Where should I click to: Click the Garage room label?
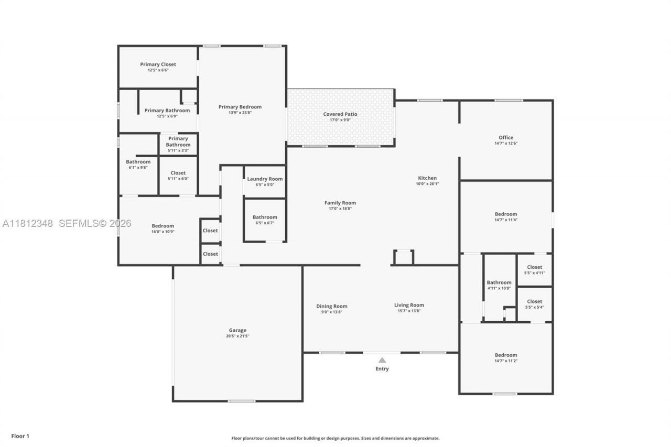pos(237,330)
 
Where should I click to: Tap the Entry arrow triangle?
pos(382,360)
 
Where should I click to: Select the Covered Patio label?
pos(340,114)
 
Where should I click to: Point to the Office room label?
pos(506,137)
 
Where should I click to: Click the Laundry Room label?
pos(265,179)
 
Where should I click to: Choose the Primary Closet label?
pos(158,64)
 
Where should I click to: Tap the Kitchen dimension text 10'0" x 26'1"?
pos(427,184)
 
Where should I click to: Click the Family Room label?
pos(340,203)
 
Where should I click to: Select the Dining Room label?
pos(331,306)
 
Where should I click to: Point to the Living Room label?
pos(409,305)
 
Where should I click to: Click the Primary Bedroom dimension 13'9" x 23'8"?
pos(240,113)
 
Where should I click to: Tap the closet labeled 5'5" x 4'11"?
pos(534,269)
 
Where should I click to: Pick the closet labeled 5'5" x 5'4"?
pos(534,304)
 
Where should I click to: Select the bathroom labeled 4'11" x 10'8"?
pos(499,285)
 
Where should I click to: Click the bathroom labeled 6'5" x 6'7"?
pos(265,220)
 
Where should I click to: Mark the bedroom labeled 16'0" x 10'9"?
pos(163,228)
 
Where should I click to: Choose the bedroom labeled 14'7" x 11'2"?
pos(506,357)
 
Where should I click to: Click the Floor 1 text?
pos(20,436)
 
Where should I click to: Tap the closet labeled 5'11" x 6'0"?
pos(178,175)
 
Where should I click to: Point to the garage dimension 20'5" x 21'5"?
pos(237,336)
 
